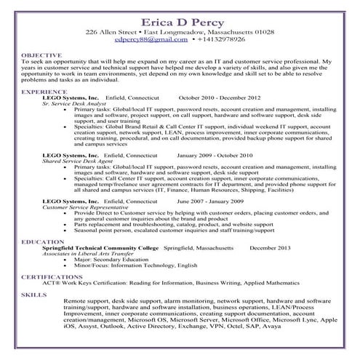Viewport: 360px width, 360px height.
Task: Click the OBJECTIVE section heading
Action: pyautogui.click(x=41, y=55)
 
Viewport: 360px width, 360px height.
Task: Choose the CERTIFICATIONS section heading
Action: pyautogui.click(x=52, y=277)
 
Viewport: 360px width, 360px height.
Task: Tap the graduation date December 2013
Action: pyautogui.click(x=268, y=247)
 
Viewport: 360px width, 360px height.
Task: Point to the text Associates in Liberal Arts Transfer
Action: pyautogui.click(x=84, y=253)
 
